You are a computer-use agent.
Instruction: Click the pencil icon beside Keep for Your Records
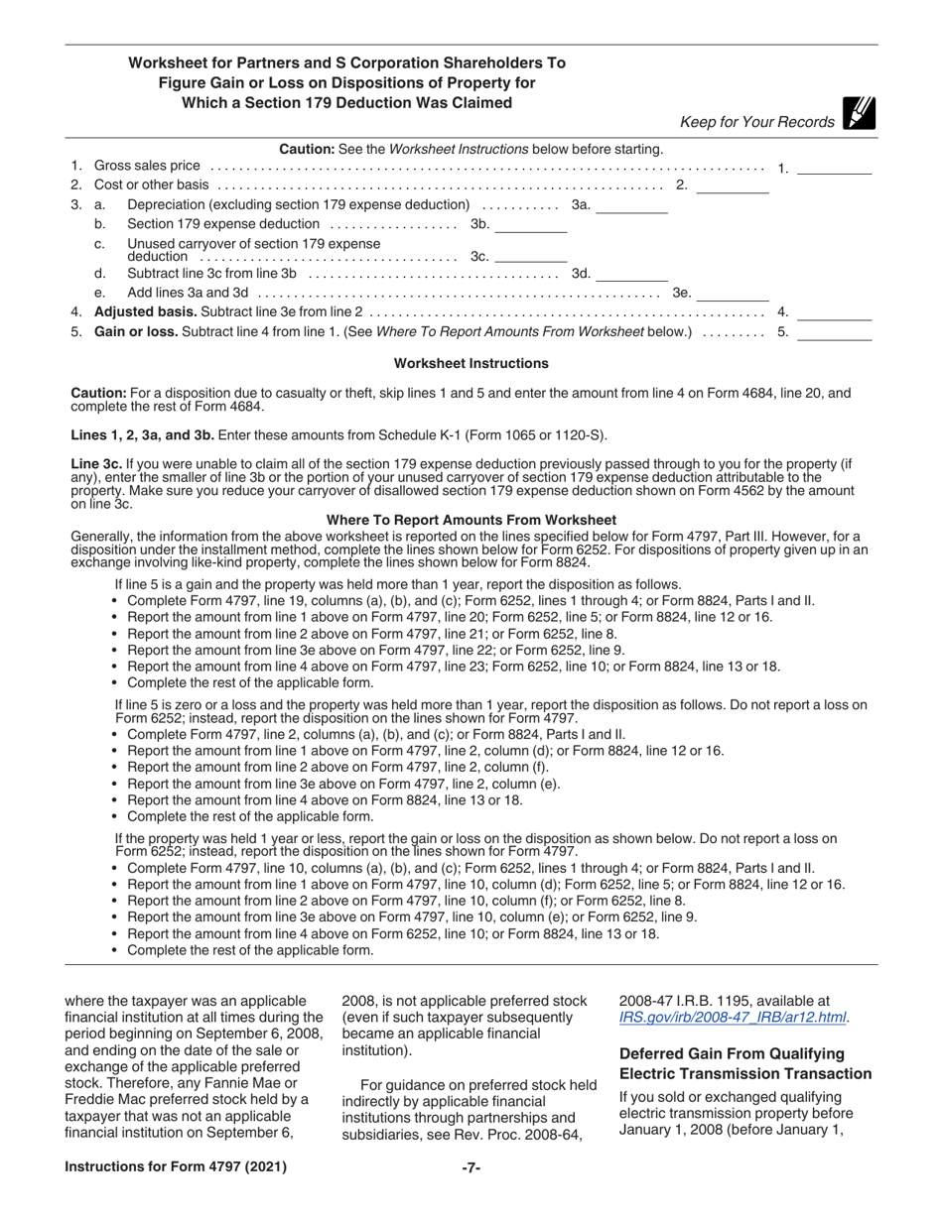click(858, 115)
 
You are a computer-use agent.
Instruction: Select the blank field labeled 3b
click(530, 225)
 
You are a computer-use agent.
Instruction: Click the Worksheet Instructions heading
click(471, 364)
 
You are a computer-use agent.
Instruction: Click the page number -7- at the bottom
click(471, 1167)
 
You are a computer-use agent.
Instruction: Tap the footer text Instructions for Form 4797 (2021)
click(176, 1167)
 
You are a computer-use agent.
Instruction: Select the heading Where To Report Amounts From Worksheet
click(471, 520)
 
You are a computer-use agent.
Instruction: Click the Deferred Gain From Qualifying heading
click(731, 1053)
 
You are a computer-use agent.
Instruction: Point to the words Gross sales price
click(147, 166)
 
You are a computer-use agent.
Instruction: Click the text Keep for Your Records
click(756, 122)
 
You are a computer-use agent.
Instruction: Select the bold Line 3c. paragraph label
click(97, 463)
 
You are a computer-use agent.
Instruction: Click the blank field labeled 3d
click(631, 274)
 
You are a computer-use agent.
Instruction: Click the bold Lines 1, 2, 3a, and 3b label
click(142, 434)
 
